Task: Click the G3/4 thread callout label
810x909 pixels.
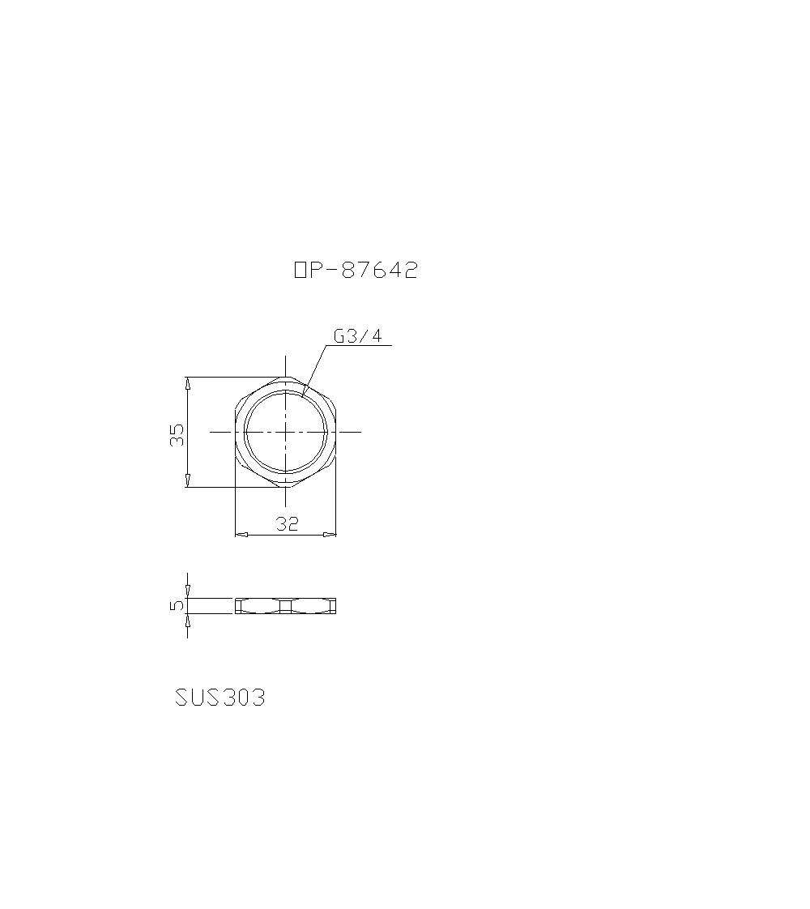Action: coord(357,336)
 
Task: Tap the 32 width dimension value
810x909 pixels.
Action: coord(287,524)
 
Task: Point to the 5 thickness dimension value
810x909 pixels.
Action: coord(177,605)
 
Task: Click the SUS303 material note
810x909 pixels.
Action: coord(220,698)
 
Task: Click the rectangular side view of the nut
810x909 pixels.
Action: coord(286,605)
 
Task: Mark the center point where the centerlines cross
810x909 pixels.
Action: coord(286,431)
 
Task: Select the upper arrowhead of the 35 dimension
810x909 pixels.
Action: coord(187,382)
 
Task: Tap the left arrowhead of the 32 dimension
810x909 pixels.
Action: coord(240,535)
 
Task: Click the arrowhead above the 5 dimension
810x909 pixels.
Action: coord(187,592)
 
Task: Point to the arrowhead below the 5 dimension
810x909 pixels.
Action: coord(187,619)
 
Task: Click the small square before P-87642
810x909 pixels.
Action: coord(300,271)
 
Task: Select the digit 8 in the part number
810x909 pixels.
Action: coord(349,271)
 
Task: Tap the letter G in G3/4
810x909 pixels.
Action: coord(339,336)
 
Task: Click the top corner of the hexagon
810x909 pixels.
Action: coord(286,376)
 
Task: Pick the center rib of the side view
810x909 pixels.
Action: coord(285,605)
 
